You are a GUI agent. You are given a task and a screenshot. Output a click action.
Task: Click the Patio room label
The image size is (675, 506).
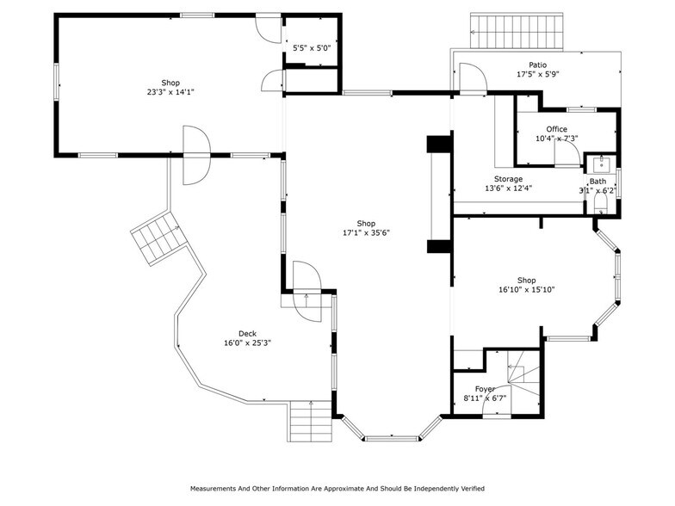(x=537, y=65)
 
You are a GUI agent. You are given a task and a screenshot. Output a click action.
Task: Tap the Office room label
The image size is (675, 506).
(x=556, y=129)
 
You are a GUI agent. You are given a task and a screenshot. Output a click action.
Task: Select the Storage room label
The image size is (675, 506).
(x=508, y=179)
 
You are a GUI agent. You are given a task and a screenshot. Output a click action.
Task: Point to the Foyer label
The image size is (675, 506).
(x=485, y=389)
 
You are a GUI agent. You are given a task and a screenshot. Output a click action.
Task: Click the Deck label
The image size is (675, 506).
(x=247, y=334)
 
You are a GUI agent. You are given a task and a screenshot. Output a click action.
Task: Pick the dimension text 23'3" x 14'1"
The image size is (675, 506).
(x=170, y=92)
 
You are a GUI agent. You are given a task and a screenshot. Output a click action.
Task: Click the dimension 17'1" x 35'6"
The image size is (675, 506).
(x=367, y=232)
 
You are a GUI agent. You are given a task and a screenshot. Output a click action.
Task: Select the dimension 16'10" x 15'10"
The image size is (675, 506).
(x=526, y=290)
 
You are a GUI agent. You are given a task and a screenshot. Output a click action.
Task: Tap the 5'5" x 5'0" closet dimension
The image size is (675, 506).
(x=311, y=49)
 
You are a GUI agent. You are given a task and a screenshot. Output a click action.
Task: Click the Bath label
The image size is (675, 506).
(x=598, y=182)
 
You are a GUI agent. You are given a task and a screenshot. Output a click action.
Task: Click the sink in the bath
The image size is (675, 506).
(x=600, y=164)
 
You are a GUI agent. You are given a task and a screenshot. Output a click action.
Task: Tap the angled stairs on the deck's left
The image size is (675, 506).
(x=158, y=237)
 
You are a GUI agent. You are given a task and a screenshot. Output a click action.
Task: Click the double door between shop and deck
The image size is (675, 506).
(x=195, y=155)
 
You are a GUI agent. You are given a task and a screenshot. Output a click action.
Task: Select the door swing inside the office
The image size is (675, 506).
(x=566, y=153)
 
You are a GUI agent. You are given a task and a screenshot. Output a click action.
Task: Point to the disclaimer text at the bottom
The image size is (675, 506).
(x=337, y=488)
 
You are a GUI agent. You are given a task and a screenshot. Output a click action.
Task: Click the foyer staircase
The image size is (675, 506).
(x=521, y=378)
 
